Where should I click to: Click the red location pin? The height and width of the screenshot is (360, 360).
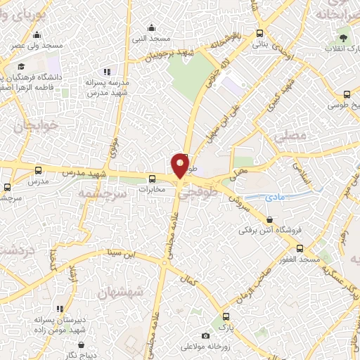[181, 165]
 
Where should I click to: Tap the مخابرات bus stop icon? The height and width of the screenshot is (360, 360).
[152, 179]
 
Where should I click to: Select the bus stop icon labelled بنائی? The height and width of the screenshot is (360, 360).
[260, 32]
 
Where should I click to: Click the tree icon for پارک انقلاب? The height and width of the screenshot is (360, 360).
[344, 38]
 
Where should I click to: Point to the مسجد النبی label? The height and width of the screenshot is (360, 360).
[149, 37]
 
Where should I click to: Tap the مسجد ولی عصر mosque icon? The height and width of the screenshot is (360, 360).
[36, 34]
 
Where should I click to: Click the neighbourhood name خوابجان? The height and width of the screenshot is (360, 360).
[34, 128]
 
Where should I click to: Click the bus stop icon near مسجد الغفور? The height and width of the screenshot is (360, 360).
[300, 248]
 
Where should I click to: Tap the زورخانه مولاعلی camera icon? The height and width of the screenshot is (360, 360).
[205, 335]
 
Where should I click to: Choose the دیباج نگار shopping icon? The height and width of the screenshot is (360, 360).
[82, 345]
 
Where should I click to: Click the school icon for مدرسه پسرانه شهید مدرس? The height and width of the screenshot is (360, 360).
[107, 72]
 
